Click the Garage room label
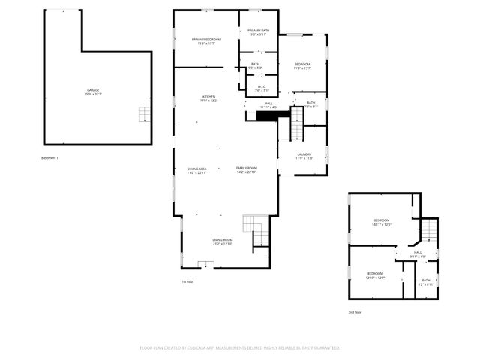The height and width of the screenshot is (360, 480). pos(93,91)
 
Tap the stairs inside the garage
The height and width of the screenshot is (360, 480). pos(143,114)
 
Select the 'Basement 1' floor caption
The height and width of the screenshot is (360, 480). pos(49,158)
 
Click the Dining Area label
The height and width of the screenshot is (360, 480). pos(197,170)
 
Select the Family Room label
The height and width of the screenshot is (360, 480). pos(247,169)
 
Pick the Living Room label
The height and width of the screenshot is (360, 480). pos(223,241)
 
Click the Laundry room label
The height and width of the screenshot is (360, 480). pos(303,157)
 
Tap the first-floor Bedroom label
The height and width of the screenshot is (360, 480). pos(302,65)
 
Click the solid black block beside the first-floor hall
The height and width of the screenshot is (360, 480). pos(257,116)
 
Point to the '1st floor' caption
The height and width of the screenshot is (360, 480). pos(187,281)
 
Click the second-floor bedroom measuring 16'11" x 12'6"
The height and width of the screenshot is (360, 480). pos(381,223)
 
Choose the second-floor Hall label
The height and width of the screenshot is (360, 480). pos(418,253)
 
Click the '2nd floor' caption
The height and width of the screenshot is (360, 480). pos(355,311)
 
